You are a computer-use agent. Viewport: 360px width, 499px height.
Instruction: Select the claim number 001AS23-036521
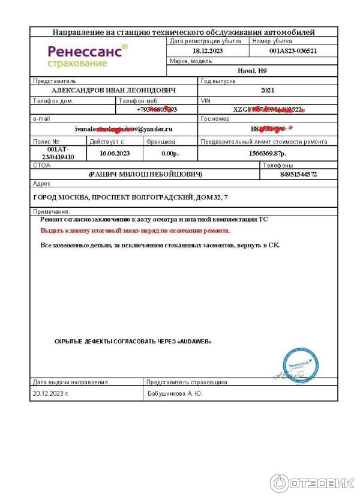pos(293,51)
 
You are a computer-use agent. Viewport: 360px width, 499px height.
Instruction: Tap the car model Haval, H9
pos(251,71)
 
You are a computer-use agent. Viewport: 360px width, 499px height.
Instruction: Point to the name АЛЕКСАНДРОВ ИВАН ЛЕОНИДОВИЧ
pos(114,90)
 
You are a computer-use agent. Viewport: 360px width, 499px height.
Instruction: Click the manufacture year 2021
pos(268,90)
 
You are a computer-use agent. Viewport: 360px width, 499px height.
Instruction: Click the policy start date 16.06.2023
pos(115,153)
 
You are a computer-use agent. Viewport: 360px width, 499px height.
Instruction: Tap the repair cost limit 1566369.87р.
pos(268,153)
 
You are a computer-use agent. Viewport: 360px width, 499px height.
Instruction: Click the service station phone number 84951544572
pos(298,174)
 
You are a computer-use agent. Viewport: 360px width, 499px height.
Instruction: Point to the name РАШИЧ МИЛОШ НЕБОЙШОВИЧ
pos(145,174)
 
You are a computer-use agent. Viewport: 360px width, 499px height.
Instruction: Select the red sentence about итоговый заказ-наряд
pos(135,230)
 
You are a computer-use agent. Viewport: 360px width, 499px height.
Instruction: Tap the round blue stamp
pos(299,364)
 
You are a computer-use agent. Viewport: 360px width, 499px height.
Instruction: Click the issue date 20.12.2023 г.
pos(51,394)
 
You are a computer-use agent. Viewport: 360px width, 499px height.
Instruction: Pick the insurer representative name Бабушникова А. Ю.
pos(175,394)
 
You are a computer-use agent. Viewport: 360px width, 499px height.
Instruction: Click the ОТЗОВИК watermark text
pos(321,483)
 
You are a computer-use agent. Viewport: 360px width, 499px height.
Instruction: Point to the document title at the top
pos(184,32)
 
